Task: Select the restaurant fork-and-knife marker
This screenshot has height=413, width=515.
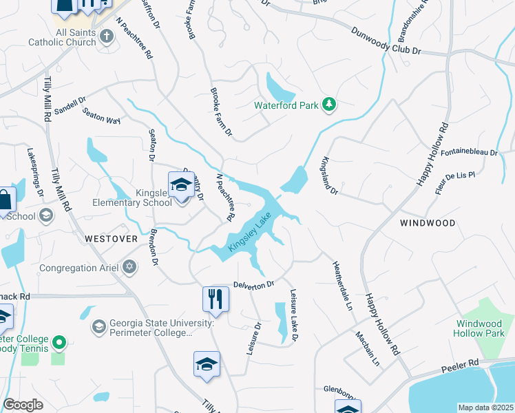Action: coord(215,299)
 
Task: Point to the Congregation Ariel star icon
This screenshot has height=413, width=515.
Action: coord(129,267)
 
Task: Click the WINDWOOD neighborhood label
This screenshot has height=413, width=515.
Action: coord(428,223)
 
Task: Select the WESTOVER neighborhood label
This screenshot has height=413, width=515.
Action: coord(111,238)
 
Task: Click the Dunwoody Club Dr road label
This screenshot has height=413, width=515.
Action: coord(386,41)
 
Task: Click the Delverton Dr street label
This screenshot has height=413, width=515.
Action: coord(253,284)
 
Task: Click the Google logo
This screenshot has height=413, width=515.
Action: coord(24,405)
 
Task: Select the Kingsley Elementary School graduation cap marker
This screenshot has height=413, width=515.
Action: coord(181,184)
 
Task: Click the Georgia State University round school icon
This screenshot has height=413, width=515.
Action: coord(98,326)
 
